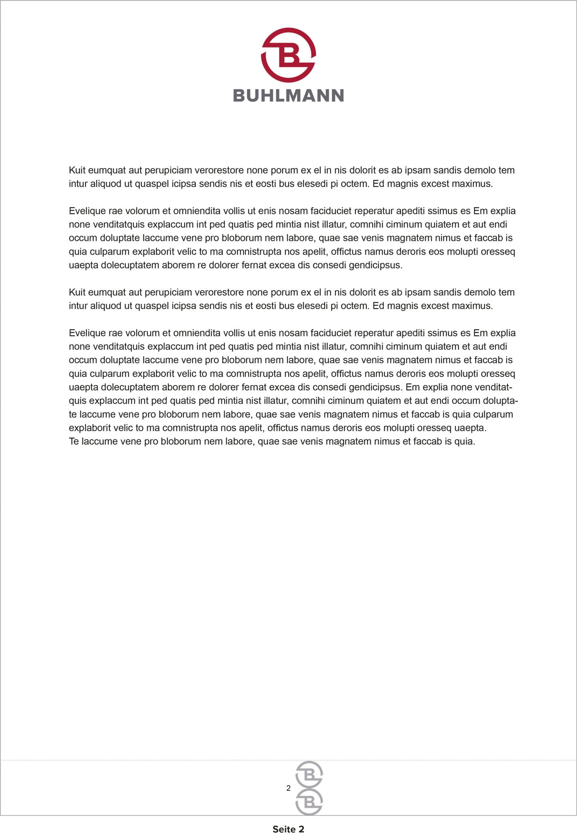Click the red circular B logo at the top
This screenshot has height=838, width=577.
point(288,55)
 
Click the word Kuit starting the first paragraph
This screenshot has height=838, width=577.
point(77,170)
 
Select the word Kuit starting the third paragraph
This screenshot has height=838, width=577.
point(77,292)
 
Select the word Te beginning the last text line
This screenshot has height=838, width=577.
point(74,442)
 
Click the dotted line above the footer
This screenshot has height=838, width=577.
point(145,760)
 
